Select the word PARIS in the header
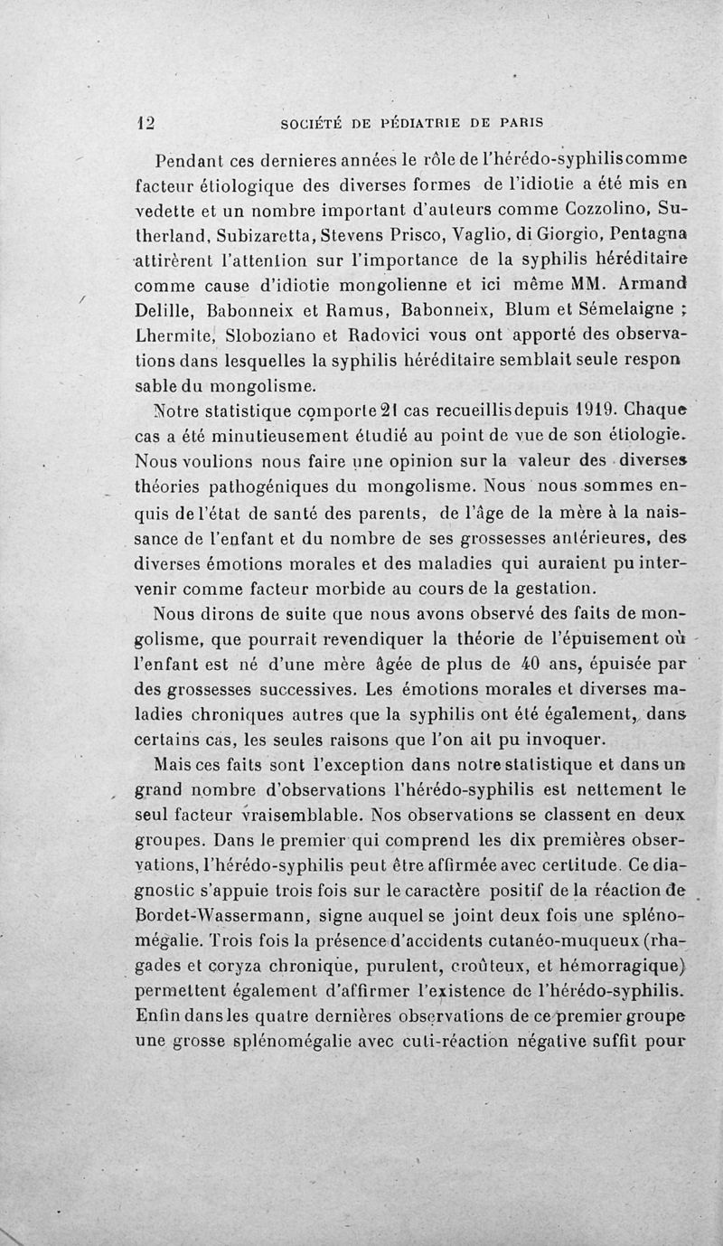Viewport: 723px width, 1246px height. tap(522, 122)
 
